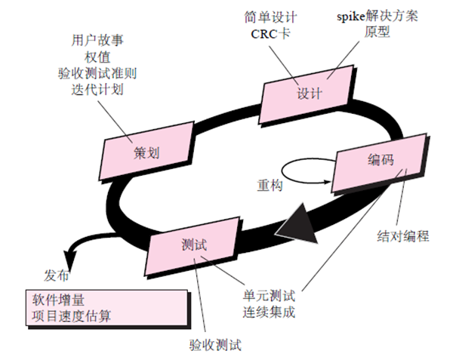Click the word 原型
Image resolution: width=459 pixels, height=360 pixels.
[x=377, y=34]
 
